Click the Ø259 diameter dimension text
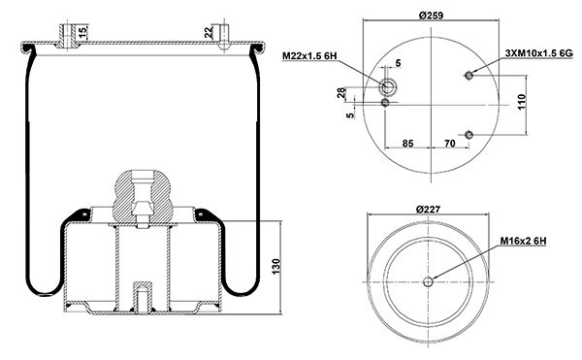(431, 16)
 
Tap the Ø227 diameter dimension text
(428, 210)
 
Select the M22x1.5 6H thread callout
(309, 56)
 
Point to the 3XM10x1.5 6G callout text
(539, 53)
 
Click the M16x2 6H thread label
(524, 241)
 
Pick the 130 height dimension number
(276, 267)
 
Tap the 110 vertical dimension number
(522, 102)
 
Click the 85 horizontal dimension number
(408, 144)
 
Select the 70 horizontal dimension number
(450, 144)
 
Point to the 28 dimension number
(341, 93)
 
